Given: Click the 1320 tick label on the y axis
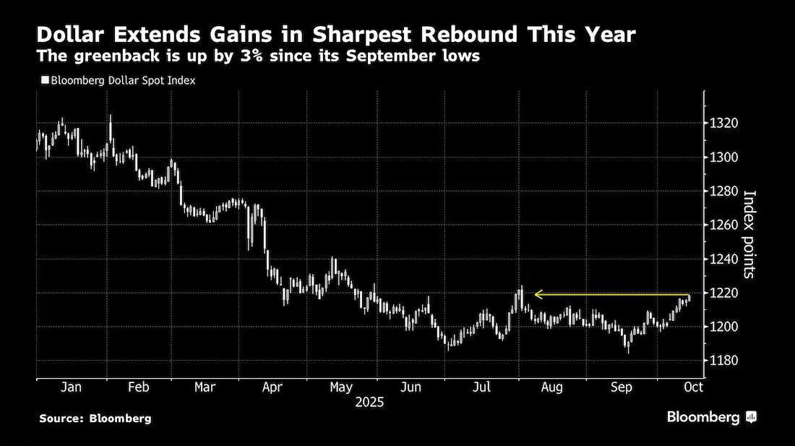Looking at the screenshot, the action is pyautogui.click(x=723, y=123).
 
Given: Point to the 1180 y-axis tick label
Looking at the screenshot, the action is pyautogui.click(x=723, y=361).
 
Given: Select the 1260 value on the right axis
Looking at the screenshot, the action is pyautogui.click(x=723, y=225).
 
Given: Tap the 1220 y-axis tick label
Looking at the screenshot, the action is pyautogui.click(x=723, y=293).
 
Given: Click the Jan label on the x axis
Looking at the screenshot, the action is pyautogui.click(x=71, y=387).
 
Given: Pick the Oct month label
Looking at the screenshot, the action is pyautogui.click(x=694, y=387).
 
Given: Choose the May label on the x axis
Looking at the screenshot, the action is pyautogui.click(x=341, y=387).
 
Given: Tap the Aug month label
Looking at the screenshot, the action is pyautogui.click(x=551, y=387).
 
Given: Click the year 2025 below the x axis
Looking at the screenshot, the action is pyautogui.click(x=369, y=403).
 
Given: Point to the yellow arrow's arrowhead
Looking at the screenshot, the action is pyautogui.click(x=538, y=294).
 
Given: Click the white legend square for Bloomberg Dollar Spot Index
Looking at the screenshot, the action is pyautogui.click(x=45, y=80).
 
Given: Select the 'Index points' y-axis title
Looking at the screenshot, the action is pyautogui.click(x=749, y=234).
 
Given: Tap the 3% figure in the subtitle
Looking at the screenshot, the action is pyautogui.click(x=252, y=56).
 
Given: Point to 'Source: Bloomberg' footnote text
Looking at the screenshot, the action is pyautogui.click(x=95, y=419).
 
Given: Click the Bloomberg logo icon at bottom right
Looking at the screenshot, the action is pyautogui.click(x=752, y=417).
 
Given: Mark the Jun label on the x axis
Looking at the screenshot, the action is pyautogui.click(x=411, y=387).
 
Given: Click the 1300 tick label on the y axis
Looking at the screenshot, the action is pyautogui.click(x=723, y=157).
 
